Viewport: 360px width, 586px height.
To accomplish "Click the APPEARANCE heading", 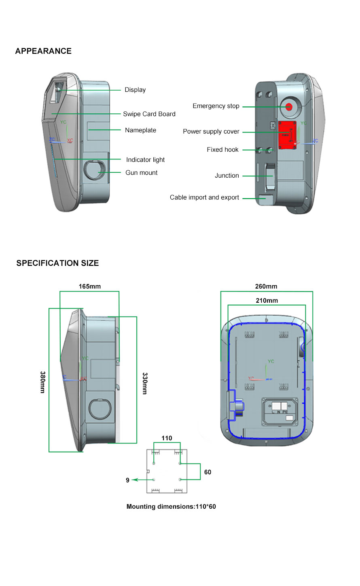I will pos(43,51).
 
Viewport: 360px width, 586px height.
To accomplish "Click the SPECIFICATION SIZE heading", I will pos(57,263).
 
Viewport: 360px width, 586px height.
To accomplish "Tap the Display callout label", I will pos(135,90).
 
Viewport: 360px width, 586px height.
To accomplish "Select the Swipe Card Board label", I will pos(149,114).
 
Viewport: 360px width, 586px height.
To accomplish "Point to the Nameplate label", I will pos(140,130).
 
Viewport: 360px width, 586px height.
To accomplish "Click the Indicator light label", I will pos(145,160).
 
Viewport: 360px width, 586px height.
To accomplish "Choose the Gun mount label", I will pos(141,173).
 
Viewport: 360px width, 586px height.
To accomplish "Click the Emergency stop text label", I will pos(216,106).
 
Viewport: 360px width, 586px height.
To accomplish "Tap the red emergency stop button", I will pos(289,107).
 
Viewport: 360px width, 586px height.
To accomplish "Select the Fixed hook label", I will pos(222,150).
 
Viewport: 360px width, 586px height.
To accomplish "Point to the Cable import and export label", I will pos(204,197).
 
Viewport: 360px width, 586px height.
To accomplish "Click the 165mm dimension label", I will pos(90,287).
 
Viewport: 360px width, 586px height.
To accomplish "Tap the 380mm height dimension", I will pos(43,382).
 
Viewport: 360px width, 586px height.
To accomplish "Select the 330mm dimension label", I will pos(145,383).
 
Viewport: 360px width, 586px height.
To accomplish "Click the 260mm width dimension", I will pos(266,287).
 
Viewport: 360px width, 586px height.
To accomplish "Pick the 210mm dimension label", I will pos(267,301).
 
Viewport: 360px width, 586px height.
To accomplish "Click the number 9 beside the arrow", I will pos(127,480).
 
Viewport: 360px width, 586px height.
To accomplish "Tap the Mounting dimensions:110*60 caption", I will pos(171,507).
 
